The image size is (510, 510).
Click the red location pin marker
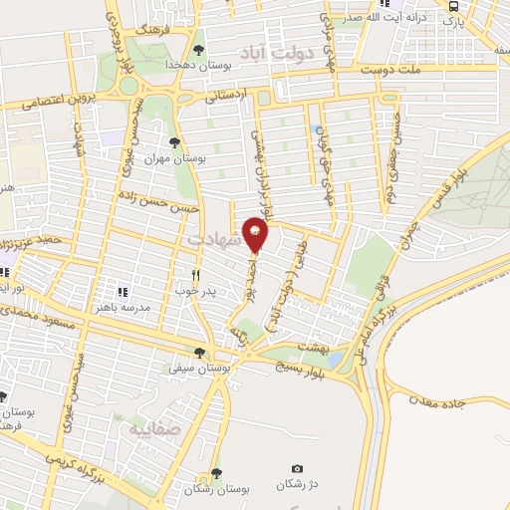256,233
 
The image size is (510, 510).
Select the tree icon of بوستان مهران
176,141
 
